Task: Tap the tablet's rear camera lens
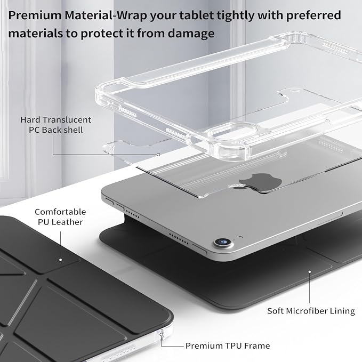pos(223,242)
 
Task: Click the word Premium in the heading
pos(35,15)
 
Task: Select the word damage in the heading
pos(191,34)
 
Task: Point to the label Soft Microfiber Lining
pos(311,311)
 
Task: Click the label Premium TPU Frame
pos(228,345)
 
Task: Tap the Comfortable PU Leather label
pos(60,217)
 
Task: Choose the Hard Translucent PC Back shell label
pos(55,125)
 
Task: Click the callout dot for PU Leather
pos(60,260)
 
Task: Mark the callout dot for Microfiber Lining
pos(310,272)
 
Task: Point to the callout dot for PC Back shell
pos(158,155)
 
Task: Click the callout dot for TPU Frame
pos(161,334)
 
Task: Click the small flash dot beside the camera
pos(240,237)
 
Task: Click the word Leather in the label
pos(67,222)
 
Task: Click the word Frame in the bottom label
pos(257,345)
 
